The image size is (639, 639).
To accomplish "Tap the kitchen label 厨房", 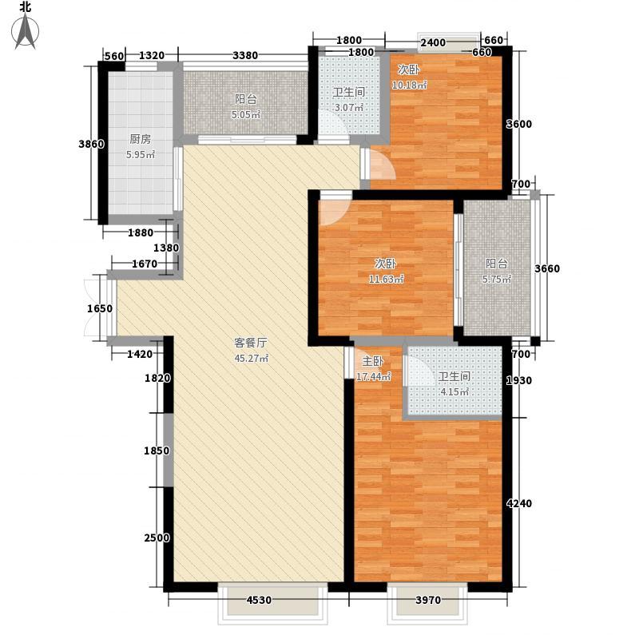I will click(x=140, y=137).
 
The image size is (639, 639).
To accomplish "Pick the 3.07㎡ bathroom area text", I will click(x=348, y=107).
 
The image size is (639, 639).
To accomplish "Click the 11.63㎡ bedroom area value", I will click(x=386, y=279).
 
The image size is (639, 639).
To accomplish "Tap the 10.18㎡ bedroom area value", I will click(x=410, y=85).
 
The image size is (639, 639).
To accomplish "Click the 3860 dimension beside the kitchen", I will click(x=91, y=145).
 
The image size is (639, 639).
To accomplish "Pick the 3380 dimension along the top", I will click(x=244, y=55).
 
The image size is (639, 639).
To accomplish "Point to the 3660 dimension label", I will click(x=548, y=268).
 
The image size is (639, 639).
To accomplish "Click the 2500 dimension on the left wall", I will click(x=158, y=538).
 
